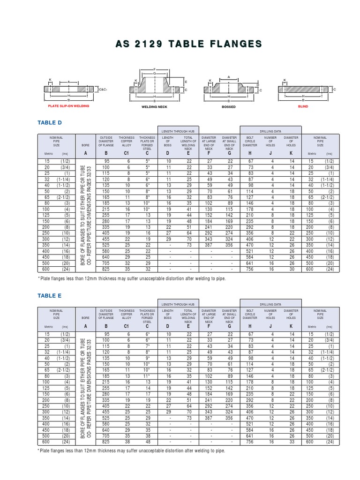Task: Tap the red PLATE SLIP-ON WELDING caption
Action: coord(69,106)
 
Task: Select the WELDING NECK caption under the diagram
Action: coord(154,107)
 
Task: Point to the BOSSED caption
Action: coord(229,107)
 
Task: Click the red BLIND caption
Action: coord(303,106)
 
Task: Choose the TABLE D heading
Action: coord(50,122)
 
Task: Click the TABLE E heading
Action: coord(49,296)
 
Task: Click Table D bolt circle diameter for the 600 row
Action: coord(250,270)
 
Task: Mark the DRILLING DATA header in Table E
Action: coord(270,305)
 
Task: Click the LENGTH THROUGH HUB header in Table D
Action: coord(178,131)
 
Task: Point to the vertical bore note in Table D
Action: coord(85,215)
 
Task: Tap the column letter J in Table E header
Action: coord(270,326)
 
